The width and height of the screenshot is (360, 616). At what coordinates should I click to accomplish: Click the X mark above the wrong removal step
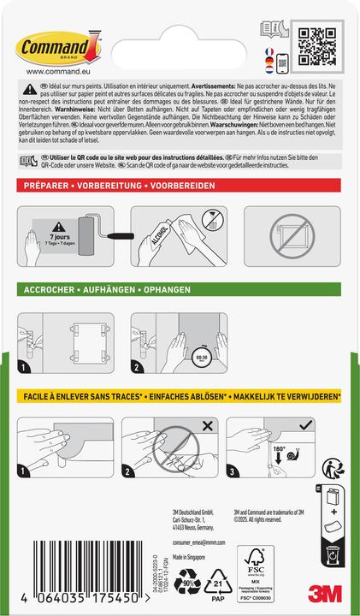click(210, 425)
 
